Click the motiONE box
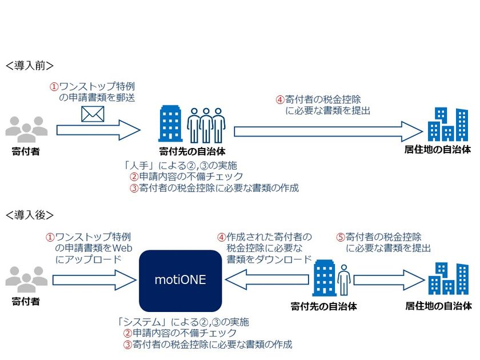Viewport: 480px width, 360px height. [180, 281]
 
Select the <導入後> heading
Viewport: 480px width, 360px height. [29, 215]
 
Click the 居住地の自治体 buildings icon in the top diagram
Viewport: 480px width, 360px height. [449, 125]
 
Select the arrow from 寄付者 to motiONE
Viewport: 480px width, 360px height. [93, 281]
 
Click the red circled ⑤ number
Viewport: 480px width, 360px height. [341, 237]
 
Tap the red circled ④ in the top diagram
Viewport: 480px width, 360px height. [280, 99]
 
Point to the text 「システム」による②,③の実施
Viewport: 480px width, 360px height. [182, 322]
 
